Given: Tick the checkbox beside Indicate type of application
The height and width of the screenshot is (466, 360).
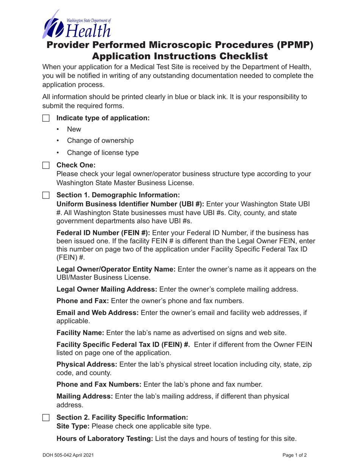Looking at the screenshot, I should point(46,118).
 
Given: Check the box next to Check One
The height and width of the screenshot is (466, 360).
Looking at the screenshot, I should point(46,166).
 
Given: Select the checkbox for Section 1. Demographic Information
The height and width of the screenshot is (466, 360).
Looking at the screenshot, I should point(46,195).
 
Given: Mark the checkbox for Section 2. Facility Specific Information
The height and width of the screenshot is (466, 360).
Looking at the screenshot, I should point(46,418).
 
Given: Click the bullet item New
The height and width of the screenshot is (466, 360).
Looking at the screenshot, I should point(74,129).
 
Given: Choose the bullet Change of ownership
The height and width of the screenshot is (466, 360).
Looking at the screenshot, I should point(100,141).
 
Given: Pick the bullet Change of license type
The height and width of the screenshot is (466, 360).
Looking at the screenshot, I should point(103,153).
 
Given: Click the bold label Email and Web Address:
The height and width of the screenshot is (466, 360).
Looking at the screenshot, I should point(97,313).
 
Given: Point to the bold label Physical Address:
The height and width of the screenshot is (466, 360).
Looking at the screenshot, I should point(87,364).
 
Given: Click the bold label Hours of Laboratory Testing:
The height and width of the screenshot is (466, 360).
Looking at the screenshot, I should point(105,439).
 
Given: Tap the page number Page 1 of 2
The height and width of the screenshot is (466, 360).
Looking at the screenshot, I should point(300,455).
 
